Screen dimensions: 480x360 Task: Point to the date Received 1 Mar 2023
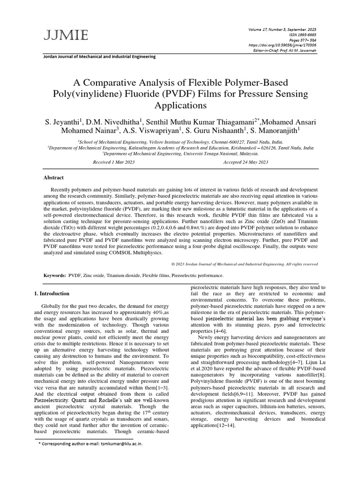(114, 162)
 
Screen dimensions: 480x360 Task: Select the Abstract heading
(53, 178)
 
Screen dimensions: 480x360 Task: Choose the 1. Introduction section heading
(52, 293)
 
